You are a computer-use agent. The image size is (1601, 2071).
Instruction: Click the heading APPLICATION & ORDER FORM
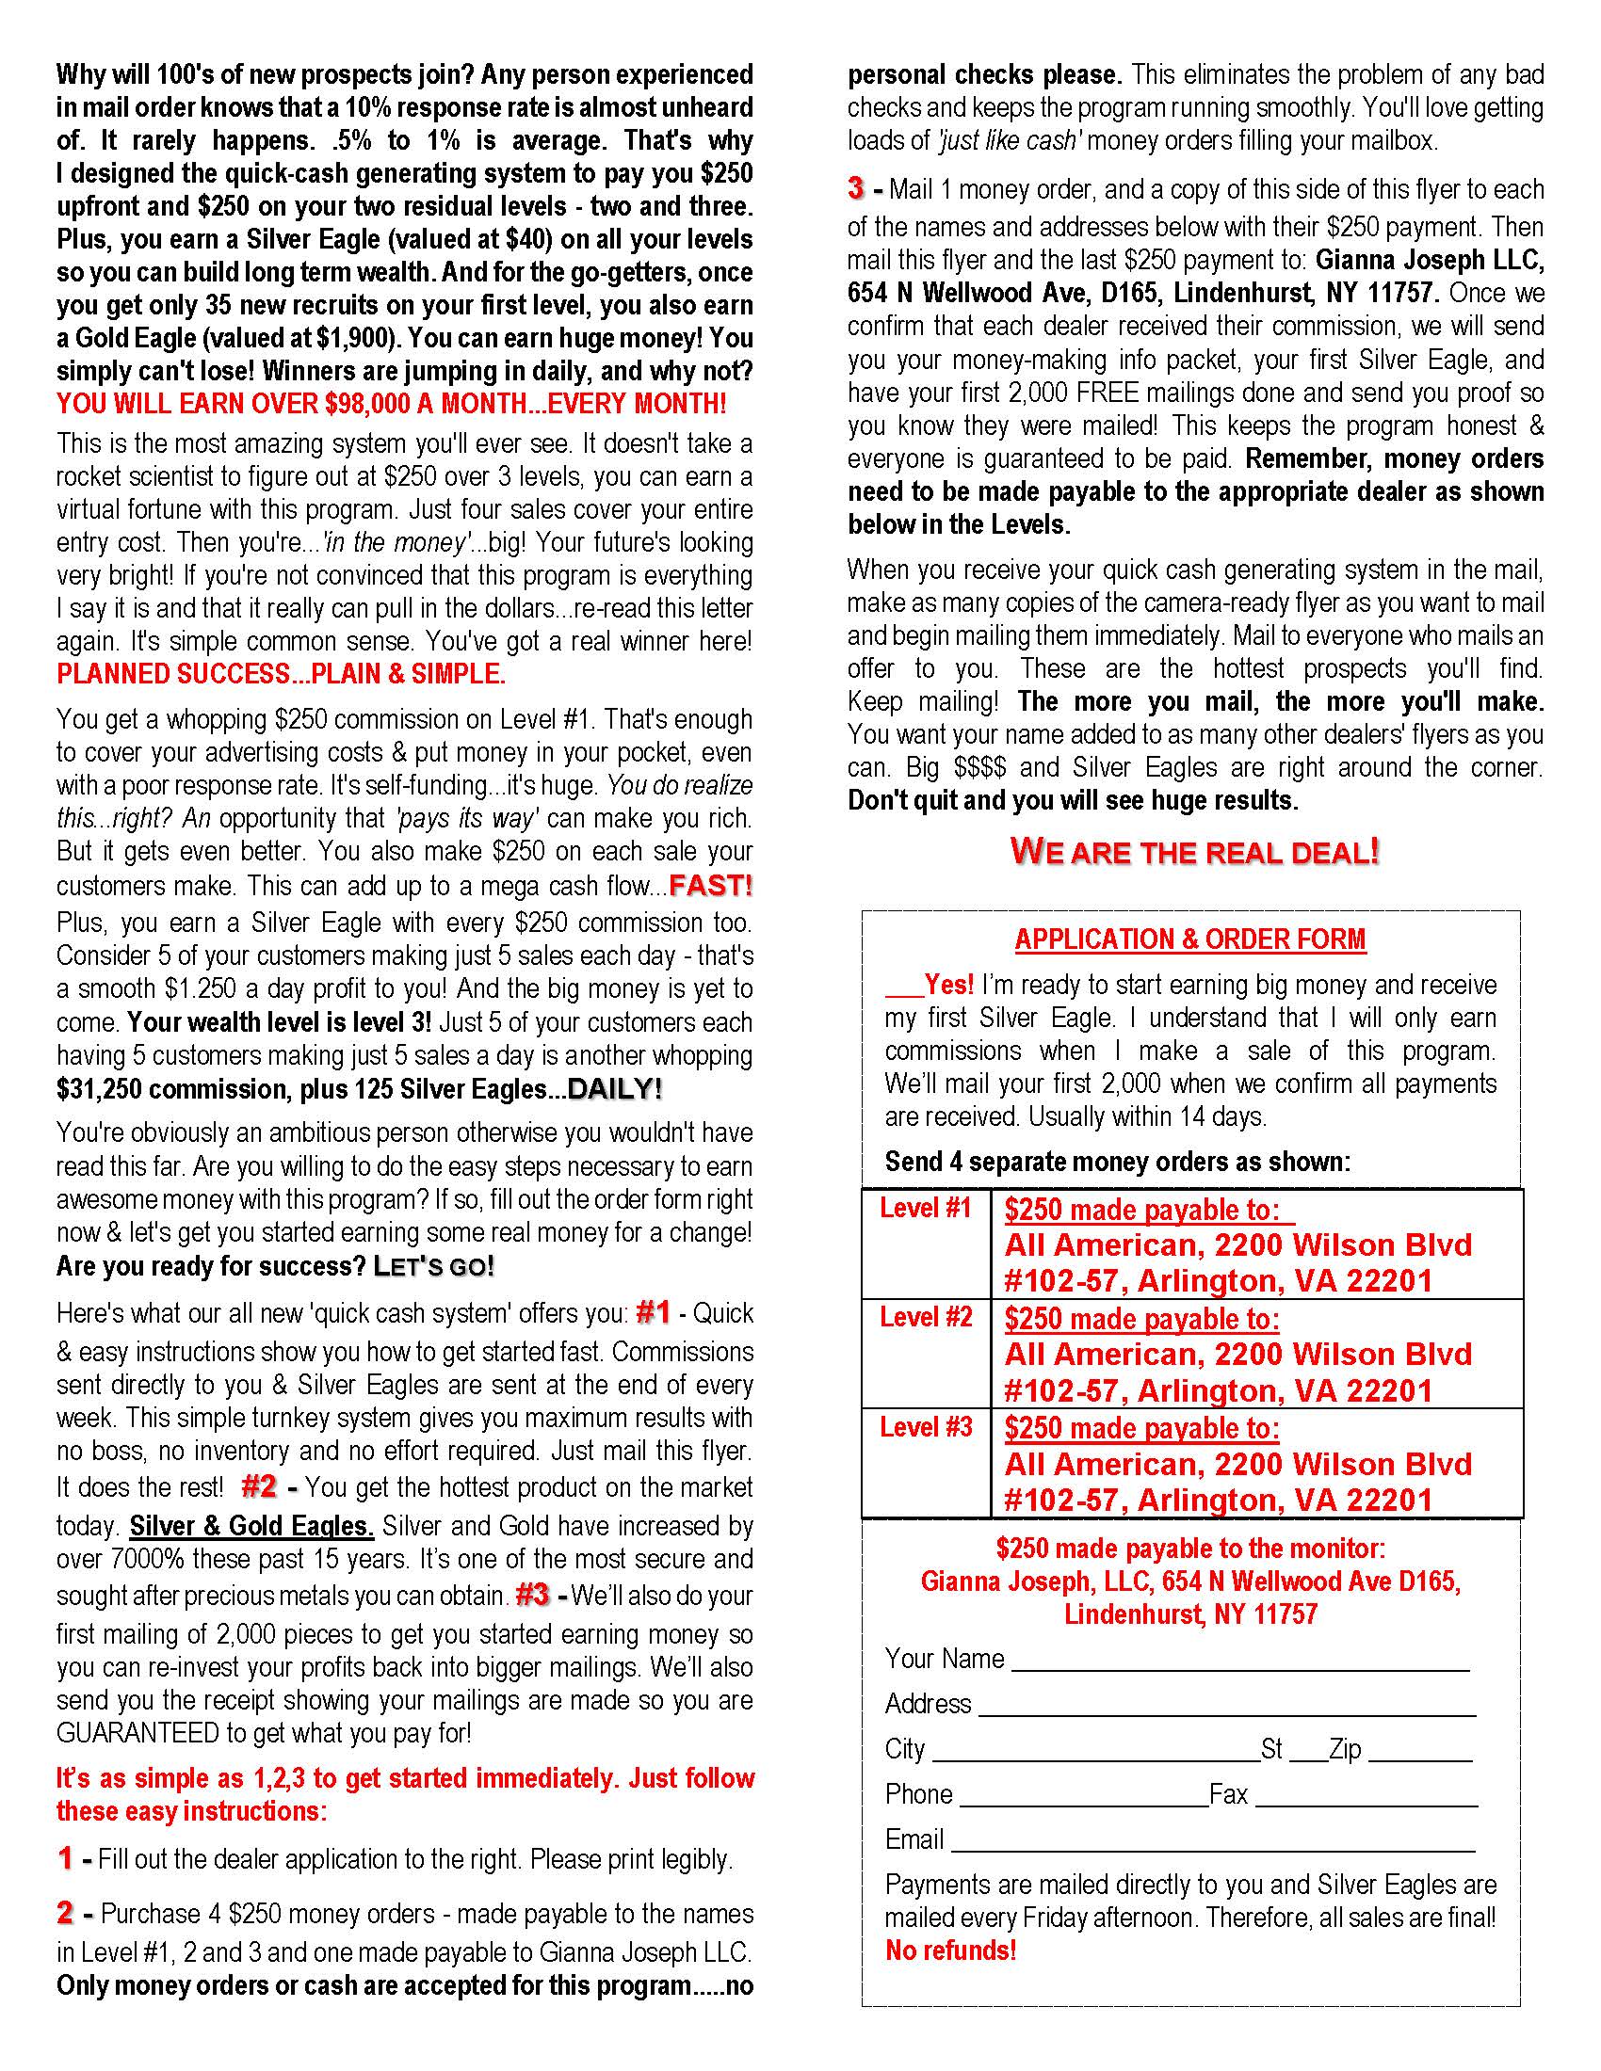click(1190, 939)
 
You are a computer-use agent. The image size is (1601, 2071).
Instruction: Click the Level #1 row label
click(926, 1208)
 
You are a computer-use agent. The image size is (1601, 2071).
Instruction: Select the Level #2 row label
click(926, 1317)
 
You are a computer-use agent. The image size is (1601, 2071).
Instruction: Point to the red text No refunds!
click(950, 1951)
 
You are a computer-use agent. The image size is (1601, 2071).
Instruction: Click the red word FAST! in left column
click(710, 886)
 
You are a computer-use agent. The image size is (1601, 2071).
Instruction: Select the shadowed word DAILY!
click(615, 1089)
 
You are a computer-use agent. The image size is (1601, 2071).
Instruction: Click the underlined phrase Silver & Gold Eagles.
click(251, 1526)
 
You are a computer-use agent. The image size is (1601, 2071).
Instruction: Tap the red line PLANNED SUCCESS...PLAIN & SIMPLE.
click(282, 674)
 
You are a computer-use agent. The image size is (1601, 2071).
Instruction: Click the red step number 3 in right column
click(855, 188)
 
